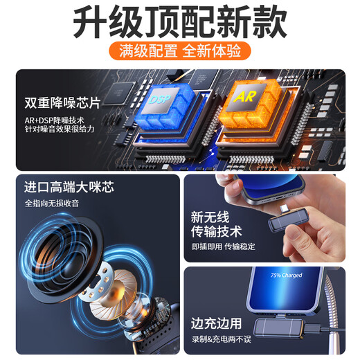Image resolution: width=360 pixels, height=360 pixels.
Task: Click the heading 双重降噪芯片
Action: click(62, 101)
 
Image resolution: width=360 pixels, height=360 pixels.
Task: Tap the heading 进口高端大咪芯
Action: click(69, 188)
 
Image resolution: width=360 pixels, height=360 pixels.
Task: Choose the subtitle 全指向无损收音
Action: click(52, 204)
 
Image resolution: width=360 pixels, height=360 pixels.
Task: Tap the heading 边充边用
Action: click(217, 323)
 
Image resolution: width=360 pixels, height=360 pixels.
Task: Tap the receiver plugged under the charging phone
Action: click(282, 330)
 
